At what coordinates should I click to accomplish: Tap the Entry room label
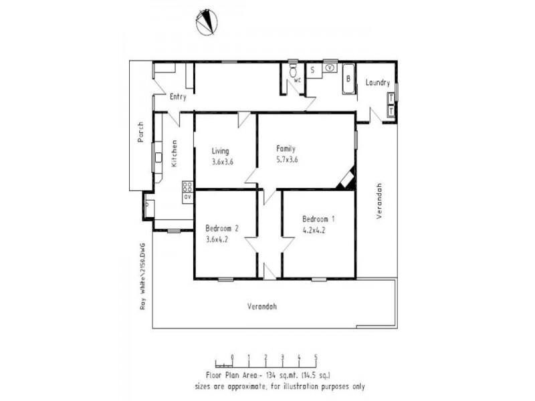178,97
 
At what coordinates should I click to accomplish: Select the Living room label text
221,150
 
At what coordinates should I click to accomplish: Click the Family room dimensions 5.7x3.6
287,160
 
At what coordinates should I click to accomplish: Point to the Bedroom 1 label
319,219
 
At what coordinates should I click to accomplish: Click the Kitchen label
175,153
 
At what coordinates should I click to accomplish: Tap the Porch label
140,132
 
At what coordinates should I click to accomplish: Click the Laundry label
378,83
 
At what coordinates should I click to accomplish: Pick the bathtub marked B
348,78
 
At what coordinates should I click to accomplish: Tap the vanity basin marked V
330,68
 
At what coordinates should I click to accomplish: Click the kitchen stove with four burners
187,187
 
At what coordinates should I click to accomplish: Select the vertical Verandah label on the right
379,202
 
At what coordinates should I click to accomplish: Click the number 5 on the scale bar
315,357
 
